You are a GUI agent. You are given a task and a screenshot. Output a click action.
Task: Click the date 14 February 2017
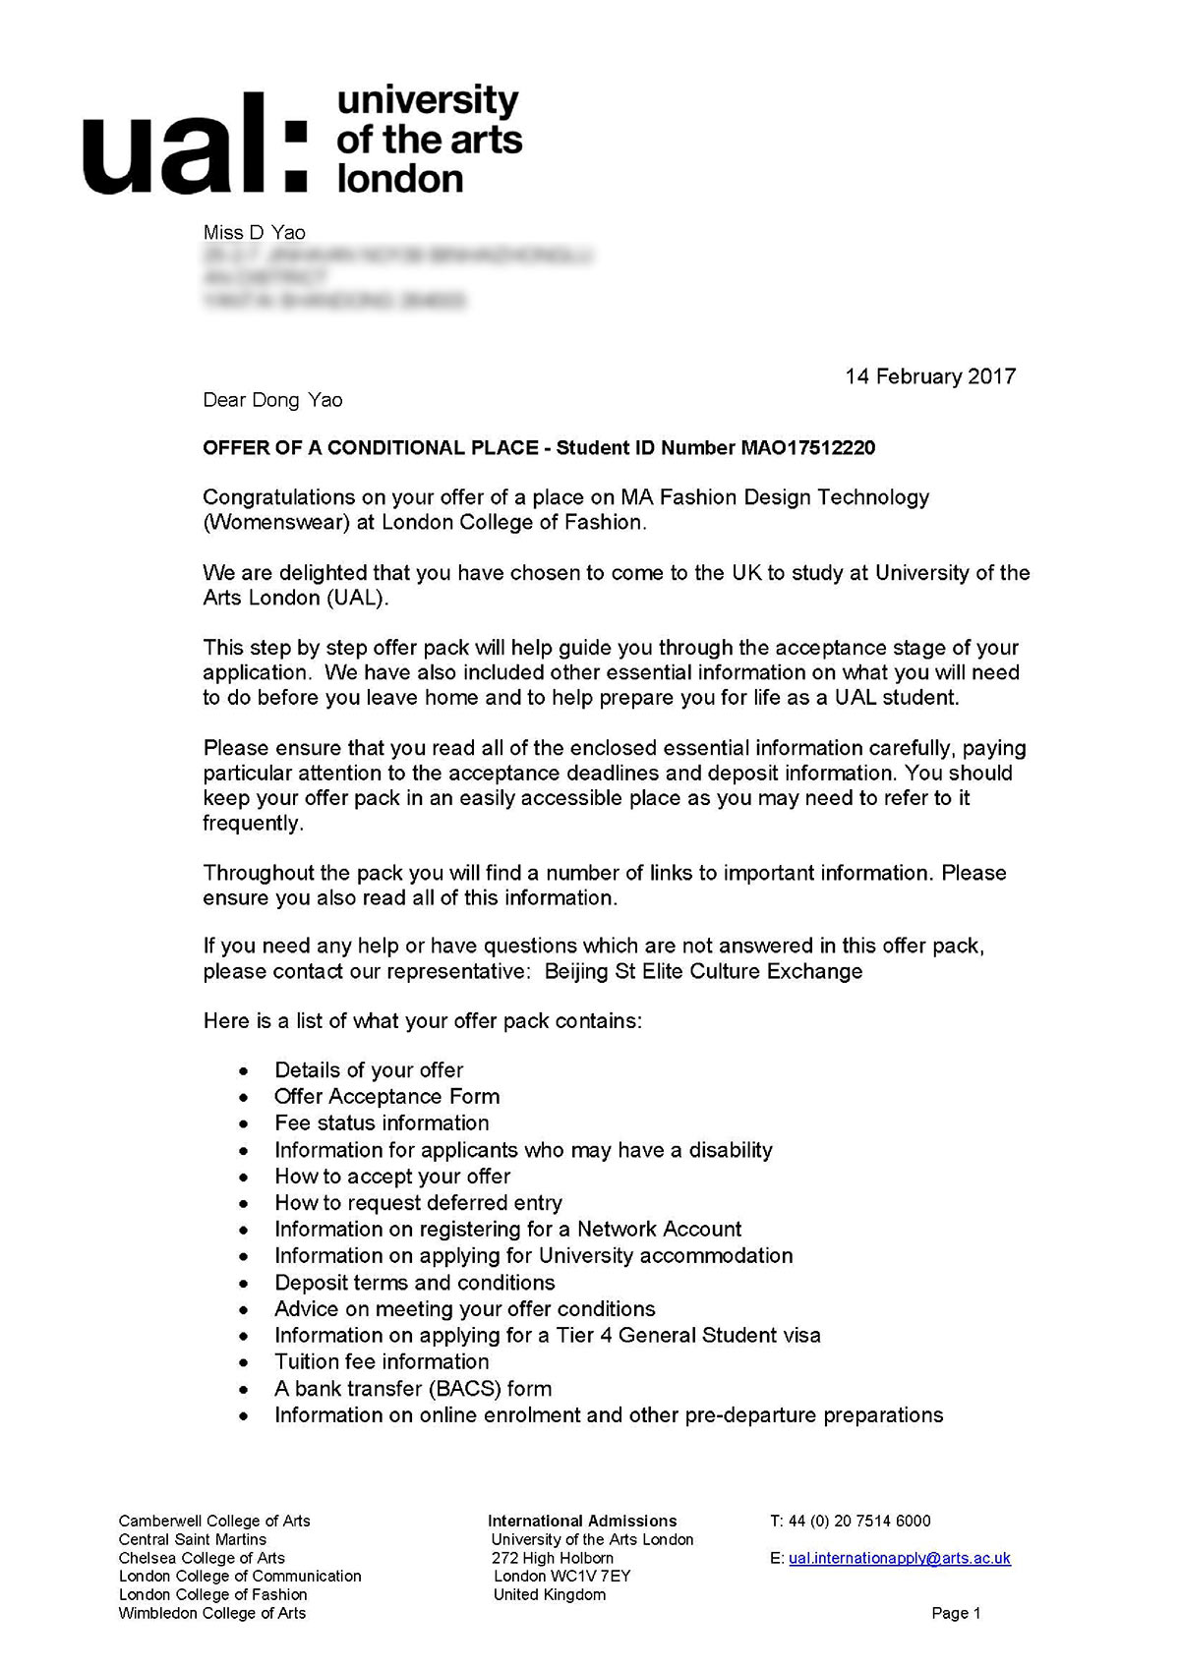click(x=930, y=376)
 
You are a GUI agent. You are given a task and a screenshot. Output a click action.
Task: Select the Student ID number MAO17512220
click(x=807, y=448)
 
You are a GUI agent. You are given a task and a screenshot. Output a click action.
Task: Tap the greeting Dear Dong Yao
click(x=272, y=400)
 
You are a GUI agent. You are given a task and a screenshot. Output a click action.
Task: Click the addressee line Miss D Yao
click(x=254, y=233)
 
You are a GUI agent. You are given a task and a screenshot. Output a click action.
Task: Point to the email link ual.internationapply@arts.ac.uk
click(x=899, y=1558)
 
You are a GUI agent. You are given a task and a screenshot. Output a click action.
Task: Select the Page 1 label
click(x=956, y=1613)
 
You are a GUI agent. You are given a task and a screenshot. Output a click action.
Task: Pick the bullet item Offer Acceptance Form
click(x=386, y=1097)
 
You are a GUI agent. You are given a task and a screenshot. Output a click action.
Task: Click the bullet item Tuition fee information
click(x=382, y=1362)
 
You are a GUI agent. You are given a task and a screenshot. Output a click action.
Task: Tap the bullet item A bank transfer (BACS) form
click(x=413, y=1389)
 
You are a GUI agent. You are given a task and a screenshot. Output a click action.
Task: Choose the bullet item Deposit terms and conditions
click(x=414, y=1283)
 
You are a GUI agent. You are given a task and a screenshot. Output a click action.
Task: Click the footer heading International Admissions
click(x=582, y=1521)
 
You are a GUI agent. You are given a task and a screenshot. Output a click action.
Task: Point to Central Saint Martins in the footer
click(x=193, y=1539)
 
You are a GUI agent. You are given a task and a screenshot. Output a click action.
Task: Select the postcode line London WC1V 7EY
click(x=561, y=1576)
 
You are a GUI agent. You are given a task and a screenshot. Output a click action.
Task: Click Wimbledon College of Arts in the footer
click(x=212, y=1613)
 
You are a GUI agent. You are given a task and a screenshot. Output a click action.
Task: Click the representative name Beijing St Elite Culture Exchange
click(x=703, y=972)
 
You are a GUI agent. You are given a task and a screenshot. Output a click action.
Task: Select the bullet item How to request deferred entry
click(x=418, y=1203)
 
